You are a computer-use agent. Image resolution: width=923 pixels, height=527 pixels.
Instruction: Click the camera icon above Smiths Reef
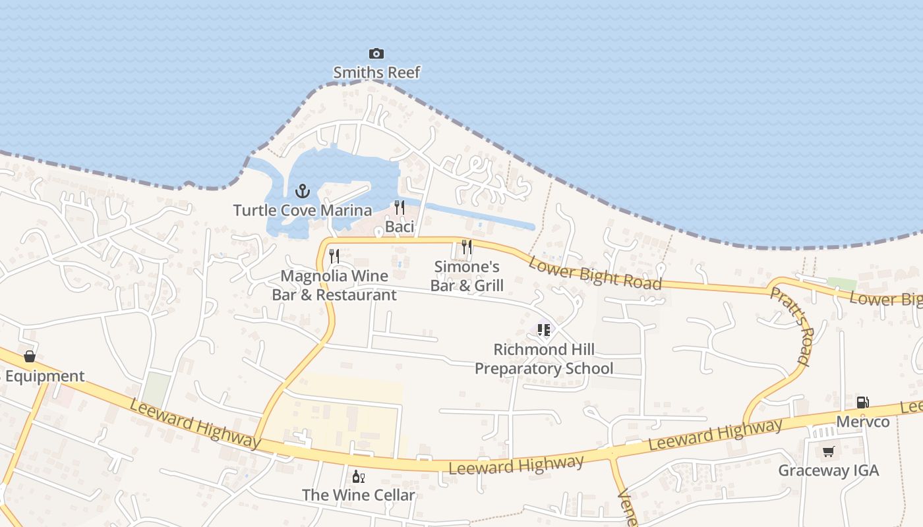pyautogui.click(x=376, y=53)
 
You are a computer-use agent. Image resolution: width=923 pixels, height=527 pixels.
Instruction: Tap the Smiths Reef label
pyautogui.click(x=376, y=72)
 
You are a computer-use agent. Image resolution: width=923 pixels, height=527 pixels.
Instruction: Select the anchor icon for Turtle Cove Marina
pyautogui.click(x=302, y=192)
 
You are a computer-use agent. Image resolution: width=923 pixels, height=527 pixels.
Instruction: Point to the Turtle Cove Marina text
pyautogui.click(x=302, y=211)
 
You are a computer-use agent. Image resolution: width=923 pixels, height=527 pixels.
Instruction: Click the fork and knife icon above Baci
pyautogui.click(x=400, y=208)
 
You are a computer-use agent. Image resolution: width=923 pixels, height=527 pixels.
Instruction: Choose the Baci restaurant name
pyautogui.click(x=400, y=227)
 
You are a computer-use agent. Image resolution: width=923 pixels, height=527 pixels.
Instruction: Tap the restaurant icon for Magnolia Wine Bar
pyautogui.click(x=334, y=256)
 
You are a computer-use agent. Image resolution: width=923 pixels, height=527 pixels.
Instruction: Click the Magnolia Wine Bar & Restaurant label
pyautogui.click(x=334, y=285)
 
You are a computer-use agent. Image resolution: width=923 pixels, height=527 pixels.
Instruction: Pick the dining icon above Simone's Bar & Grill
pyautogui.click(x=467, y=247)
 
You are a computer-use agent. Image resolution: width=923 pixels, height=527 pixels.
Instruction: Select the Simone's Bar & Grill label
pyautogui.click(x=467, y=276)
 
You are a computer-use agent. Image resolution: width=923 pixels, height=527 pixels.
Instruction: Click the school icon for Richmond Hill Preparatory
pyautogui.click(x=544, y=329)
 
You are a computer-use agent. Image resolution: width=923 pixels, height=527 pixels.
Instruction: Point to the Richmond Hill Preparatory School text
pyautogui.click(x=544, y=359)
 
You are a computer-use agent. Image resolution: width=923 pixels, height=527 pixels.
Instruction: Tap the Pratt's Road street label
pyautogui.click(x=790, y=325)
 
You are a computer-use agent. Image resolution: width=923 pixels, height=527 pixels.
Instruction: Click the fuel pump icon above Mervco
pyautogui.click(x=862, y=402)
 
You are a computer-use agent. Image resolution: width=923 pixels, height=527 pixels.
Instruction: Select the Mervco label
pyautogui.click(x=862, y=422)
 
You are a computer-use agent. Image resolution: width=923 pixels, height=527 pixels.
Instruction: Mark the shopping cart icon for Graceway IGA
pyautogui.click(x=829, y=451)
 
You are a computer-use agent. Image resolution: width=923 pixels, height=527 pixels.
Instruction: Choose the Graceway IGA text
pyautogui.click(x=829, y=471)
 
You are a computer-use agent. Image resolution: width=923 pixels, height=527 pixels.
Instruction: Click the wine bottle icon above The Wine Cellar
pyautogui.click(x=359, y=476)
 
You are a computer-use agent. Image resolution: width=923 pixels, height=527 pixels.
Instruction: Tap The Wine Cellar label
pyautogui.click(x=359, y=495)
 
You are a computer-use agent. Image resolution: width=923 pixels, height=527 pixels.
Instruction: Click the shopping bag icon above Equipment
pyautogui.click(x=30, y=356)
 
